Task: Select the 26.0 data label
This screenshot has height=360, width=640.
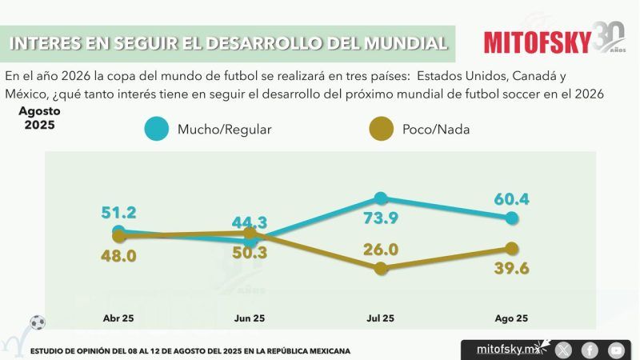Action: (381, 249)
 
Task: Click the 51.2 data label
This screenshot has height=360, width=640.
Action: (118, 213)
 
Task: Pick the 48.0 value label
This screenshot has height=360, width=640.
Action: (118, 256)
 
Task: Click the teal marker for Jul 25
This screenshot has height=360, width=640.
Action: (381, 198)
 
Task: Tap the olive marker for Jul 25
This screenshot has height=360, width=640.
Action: (381, 269)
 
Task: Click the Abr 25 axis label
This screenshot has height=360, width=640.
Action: (118, 318)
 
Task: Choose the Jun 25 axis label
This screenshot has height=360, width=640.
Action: (250, 318)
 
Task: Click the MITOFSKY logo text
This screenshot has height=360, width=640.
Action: (537, 42)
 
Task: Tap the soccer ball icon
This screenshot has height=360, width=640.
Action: (38, 323)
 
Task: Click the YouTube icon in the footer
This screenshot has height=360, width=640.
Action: (615, 350)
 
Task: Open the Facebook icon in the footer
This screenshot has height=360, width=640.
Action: (590, 350)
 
